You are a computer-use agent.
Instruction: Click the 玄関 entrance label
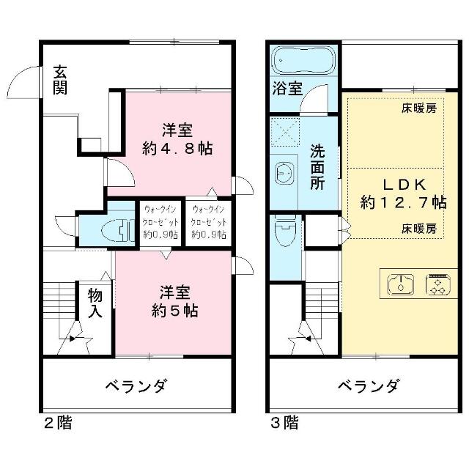pyautogui.click(x=60, y=80)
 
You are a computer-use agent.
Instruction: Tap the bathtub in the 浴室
pyautogui.click(x=304, y=60)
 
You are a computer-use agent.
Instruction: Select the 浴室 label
pyautogui.click(x=287, y=88)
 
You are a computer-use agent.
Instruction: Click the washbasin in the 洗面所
pyautogui.click(x=284, y=174)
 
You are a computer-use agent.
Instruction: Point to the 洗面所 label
pyautogui.click(x=317, y=167)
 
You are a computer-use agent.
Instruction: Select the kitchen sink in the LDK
pyautogui.click(x=401, y=284)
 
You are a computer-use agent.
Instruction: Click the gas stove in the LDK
pyautogui.click(x=438, y=284)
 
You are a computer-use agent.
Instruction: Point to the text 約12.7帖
pyautogui.click(x=404, y=202)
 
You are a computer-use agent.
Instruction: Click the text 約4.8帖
pyautogui.click(x=177, y=148)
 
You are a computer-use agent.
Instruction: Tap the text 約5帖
pyautogui.click(x=174, y=311)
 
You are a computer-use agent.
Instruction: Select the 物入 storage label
pyautogui.click(x=95, y=303)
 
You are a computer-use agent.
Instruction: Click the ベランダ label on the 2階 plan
pyautogui.click(x=136, y=385)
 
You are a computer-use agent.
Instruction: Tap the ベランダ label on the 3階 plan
pyautogui.click(x=368, y=385)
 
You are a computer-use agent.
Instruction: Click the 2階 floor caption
pyautogui.click(x=58, y=423)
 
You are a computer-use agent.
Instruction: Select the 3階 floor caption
pyautogui.click(x=284, y=423)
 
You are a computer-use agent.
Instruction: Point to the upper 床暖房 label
pyautogui.click(x=419, y=108)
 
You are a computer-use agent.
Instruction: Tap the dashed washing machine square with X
pyautogui.click(x=285, y=132)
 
